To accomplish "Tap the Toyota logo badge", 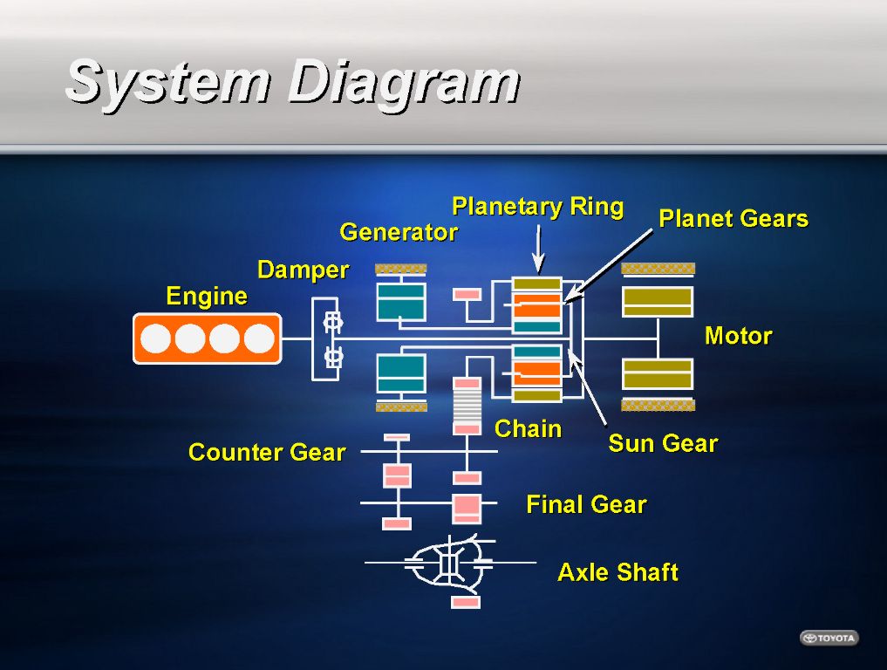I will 829,638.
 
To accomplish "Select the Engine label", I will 207,297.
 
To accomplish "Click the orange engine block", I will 208,338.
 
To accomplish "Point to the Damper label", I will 303,270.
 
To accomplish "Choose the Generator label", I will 398,232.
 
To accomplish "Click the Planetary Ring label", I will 537,207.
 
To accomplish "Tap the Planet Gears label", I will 733,219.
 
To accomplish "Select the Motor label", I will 738,336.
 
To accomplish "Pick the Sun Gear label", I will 663,443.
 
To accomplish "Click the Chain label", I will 528,429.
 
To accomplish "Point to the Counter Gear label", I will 267,453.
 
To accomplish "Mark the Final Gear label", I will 586,504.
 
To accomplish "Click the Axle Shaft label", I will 617,572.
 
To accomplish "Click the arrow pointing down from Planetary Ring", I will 537,249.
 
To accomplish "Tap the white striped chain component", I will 467,407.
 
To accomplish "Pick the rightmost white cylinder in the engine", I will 259,338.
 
